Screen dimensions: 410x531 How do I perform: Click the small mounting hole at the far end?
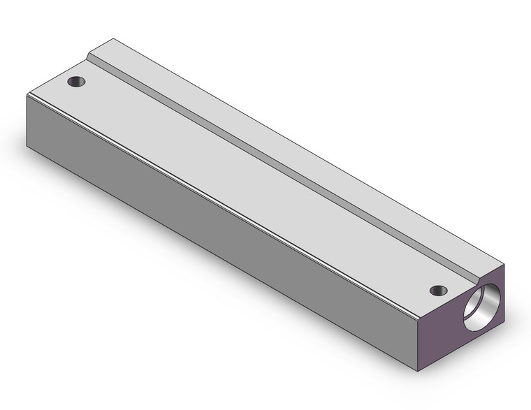click(x=76, y=82)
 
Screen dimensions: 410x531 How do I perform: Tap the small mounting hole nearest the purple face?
click(x=438, y=290)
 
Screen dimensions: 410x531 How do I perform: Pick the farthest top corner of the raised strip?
click(x=112, y=39)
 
